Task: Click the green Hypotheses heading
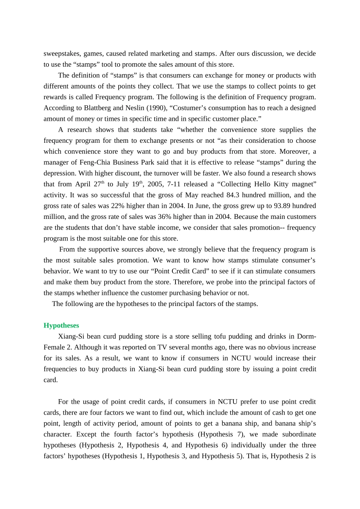click(61, 325)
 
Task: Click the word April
click(83, 184)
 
